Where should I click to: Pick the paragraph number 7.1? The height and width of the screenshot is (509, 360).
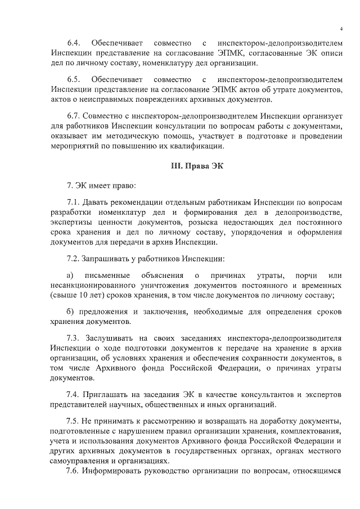pyautogui.click(x=74, y=202)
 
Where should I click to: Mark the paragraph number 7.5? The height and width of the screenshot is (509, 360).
pyautogui.click(x=74, y=421)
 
